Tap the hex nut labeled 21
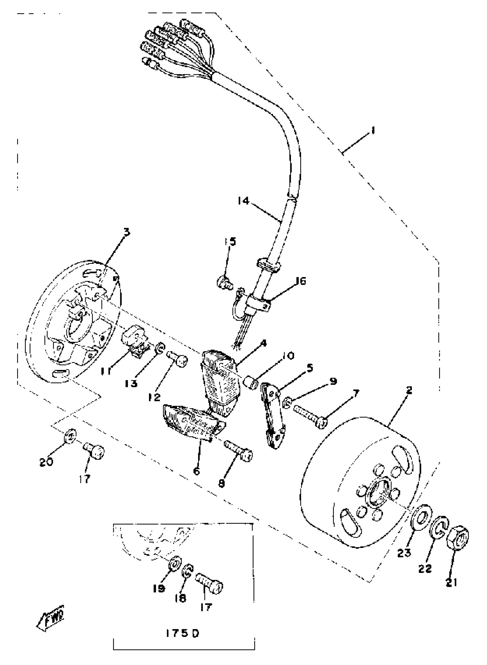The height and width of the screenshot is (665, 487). pos(458,538)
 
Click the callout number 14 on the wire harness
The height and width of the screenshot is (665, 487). pos(244,201)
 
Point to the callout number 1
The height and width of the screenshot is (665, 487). pos(373,130)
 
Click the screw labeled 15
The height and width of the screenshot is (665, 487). pos(225,282)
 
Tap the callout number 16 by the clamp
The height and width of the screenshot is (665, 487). pos(301,281)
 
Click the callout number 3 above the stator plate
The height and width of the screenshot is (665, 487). pos(126,232)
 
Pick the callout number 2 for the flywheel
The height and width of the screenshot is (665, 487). pos(409,391)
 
